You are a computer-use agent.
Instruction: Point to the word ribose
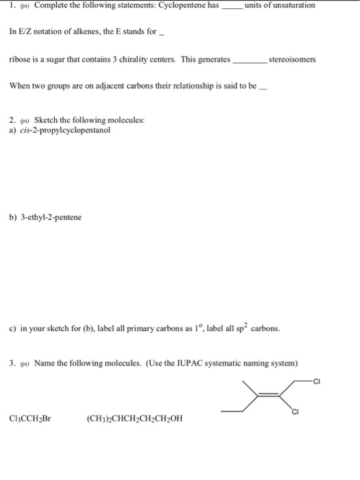20,60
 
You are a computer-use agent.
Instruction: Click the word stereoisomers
293,60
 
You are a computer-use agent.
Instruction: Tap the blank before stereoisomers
250,61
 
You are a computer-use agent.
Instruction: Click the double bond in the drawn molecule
271,394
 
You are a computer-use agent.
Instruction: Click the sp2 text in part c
251,327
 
